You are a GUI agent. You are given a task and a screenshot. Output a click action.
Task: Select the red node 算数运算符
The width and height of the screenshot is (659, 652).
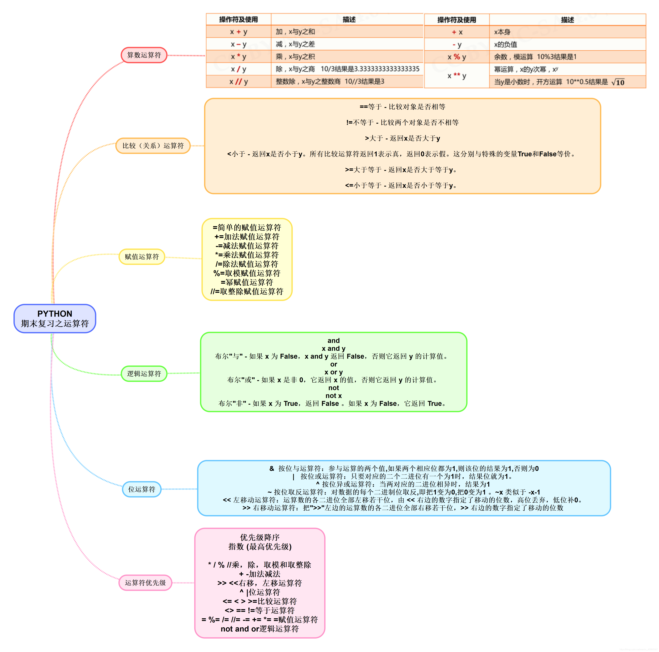tap(144, 55)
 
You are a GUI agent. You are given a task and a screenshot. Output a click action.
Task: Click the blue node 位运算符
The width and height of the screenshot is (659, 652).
tap(142, 489)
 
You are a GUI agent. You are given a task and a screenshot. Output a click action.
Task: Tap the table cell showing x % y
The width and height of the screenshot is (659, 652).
tap(457, 57)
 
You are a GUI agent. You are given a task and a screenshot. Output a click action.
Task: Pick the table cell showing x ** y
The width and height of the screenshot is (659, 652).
tap(457, 75)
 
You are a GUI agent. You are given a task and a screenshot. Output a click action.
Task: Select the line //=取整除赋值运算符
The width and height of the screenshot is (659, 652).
tap(247, 292)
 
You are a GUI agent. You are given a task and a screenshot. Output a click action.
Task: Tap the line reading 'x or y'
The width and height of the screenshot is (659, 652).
tap(334, 372)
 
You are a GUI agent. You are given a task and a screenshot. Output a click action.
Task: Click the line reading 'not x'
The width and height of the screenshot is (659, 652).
tap(334, 396)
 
